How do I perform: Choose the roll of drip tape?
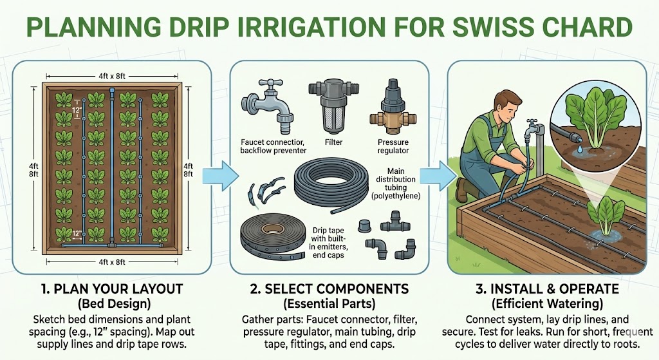coord(272,238)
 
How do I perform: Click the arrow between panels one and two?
coord(220,176)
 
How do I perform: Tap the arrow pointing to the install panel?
coord(438,176)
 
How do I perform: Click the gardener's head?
coord(508,107)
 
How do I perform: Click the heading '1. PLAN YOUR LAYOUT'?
coord(112,289)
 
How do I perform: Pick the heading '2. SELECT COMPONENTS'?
coord(329,289)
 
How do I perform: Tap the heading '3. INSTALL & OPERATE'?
coord(547,289)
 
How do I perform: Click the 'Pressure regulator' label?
coord(393,146)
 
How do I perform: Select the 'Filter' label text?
coord(334,142)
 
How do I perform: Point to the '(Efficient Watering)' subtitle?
coord(547,303)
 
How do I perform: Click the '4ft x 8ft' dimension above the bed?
coord(112,76)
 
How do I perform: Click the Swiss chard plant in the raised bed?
coord(606,215)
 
